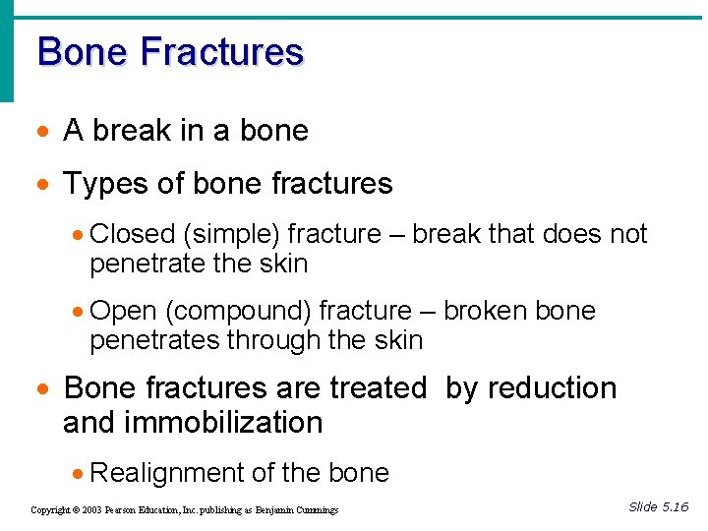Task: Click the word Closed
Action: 131,234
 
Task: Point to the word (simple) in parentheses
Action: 229,234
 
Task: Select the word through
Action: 274,341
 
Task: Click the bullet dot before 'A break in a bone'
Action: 44,132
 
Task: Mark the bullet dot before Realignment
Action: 77,474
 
